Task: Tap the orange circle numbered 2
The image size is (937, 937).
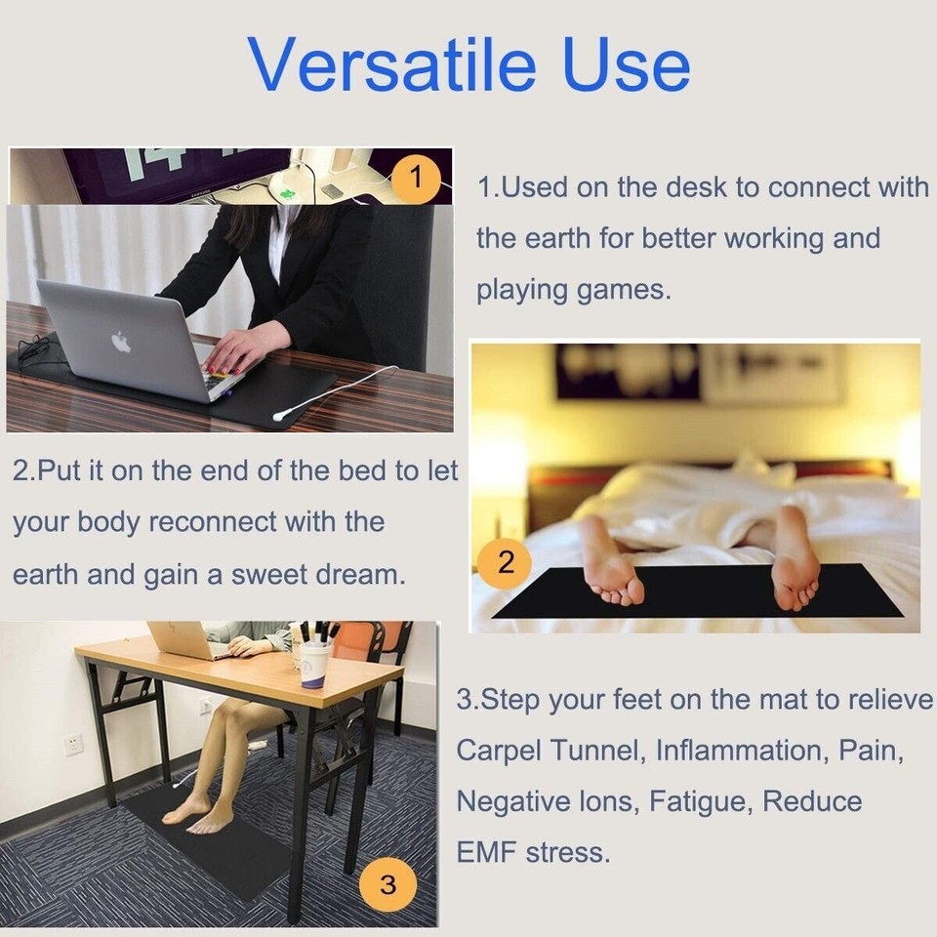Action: [506, 561]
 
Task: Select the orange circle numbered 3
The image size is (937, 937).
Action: [387, 885]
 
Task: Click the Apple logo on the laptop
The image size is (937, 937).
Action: [121, 343]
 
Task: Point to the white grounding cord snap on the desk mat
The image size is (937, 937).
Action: [279, 415]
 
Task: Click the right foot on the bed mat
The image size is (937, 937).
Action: [794, 561]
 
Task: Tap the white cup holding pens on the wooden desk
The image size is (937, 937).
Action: [314, 664]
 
